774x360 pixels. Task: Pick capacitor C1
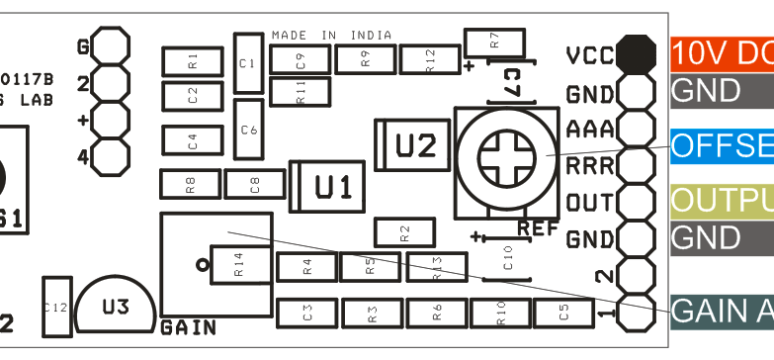(x=247, y=62)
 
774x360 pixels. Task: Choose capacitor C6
(x=248, y=129)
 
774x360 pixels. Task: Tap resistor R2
(x=404, y=232)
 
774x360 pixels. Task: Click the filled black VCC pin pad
(x=636, y=53)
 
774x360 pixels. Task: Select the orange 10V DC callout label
(x=722, y=53)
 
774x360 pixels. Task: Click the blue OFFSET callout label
(x=722, y=144)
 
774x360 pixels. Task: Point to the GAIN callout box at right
(x=722, y=311)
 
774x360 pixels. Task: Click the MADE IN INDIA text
(x=331, y=35)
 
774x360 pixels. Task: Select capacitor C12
(x=55, y=308)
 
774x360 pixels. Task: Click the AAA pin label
(x=589, y=130)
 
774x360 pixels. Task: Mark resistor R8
(x=190, y=184)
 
